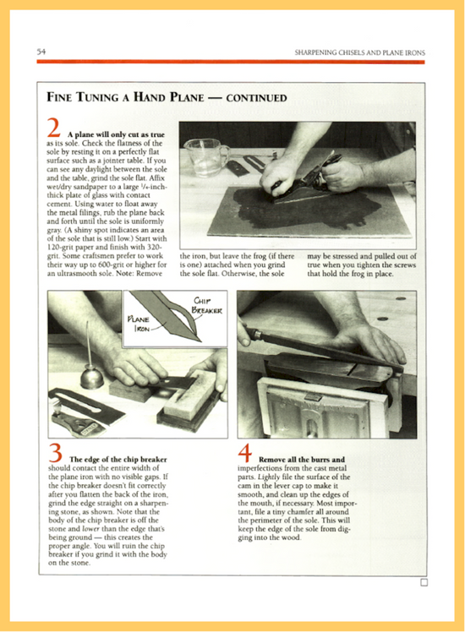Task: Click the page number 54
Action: pyautogui.click(x=41, y=52)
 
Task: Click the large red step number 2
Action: pyautogui.click(x=53, y=128)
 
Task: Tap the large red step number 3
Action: pyautogui.click(x=53, y=455)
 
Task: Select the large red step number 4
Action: pyautogui.click(x=245, y=455)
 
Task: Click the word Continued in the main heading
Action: pyautogui.click(x=249, y=98)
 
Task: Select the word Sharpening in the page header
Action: pyautogui.click(x=317, y=52)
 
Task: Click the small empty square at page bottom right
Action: pyautogui.click(x=424, y=582)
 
